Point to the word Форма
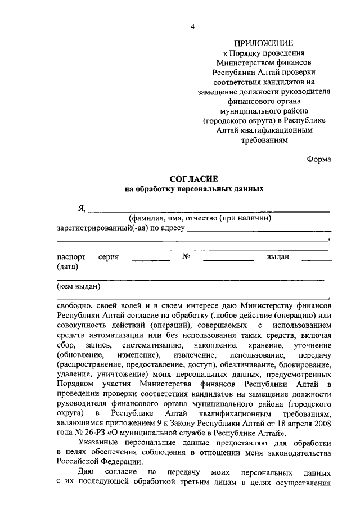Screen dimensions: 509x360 click(319, 159)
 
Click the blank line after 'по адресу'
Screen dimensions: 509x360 click(258, 231)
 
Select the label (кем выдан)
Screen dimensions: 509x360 click(79, 287)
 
